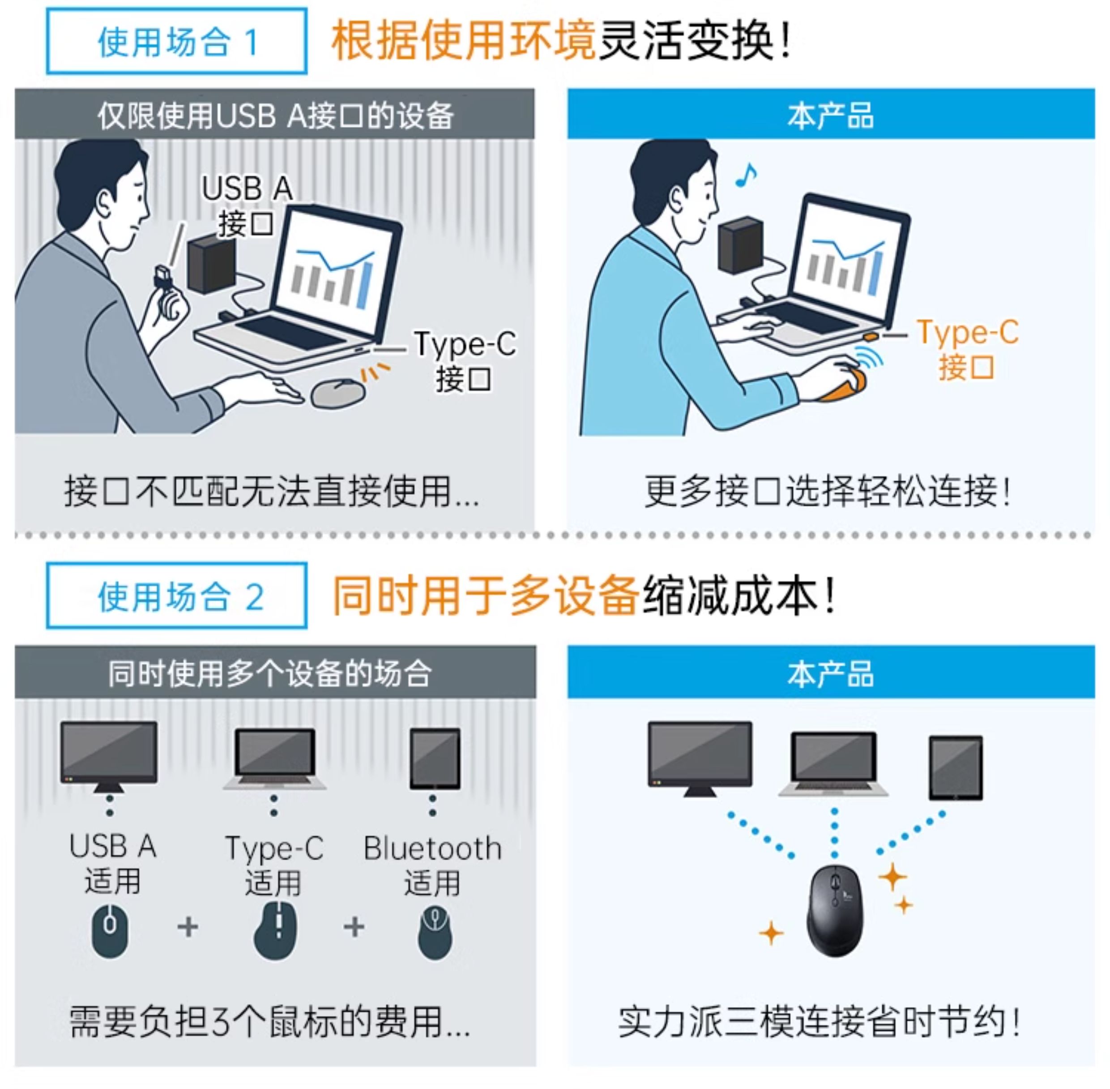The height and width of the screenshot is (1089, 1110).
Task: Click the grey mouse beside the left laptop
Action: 338,392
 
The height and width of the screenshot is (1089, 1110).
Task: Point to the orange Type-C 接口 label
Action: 967,348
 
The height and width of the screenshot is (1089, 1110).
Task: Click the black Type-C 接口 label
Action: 464,360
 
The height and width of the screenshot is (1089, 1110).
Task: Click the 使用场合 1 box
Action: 177,41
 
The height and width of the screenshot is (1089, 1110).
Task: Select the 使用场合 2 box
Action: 177,596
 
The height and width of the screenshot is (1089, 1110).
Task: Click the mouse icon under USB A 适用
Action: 110,930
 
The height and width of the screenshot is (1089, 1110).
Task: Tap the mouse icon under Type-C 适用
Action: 276,931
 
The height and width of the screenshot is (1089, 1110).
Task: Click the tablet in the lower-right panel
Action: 955,768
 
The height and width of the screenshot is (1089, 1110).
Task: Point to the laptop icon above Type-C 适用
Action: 275,757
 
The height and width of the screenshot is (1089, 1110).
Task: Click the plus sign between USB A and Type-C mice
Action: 188,926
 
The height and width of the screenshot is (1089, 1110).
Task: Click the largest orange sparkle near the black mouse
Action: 892,876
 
